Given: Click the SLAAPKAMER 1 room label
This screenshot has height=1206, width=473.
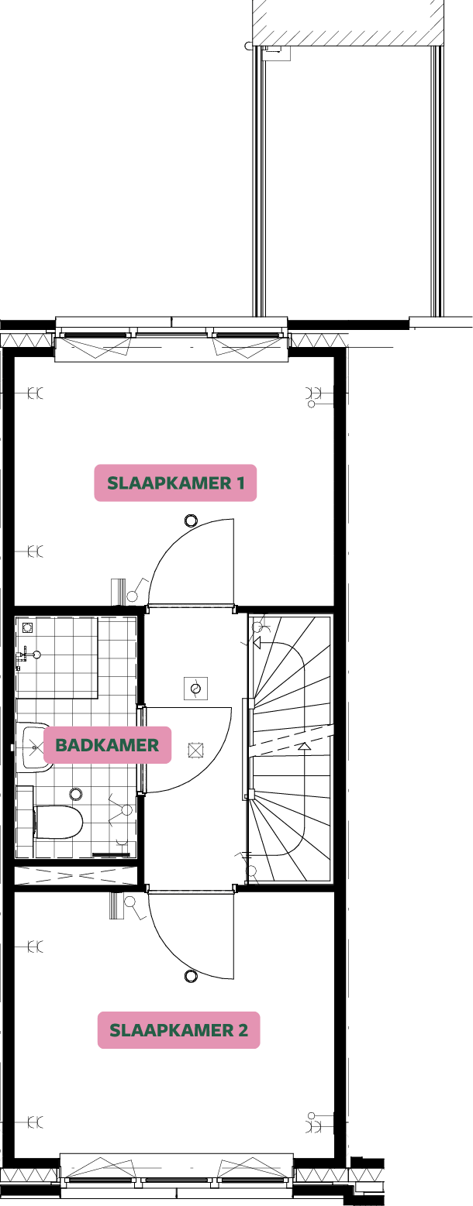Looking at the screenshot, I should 175,483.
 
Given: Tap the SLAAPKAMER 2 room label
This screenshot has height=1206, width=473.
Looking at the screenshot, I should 178,1030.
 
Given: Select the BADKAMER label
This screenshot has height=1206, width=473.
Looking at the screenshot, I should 107,745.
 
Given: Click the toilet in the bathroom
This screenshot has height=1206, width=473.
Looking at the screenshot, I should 59,822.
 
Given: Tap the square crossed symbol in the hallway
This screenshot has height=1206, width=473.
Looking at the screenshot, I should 195,750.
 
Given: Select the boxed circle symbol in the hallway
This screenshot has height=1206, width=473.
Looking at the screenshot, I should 195,688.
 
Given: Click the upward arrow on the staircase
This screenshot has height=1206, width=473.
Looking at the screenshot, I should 305,747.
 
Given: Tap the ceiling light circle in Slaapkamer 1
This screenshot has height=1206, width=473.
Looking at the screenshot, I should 191,521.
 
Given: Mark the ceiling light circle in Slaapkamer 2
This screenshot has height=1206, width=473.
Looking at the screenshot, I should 191,977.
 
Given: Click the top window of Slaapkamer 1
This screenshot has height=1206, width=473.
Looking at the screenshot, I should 171,339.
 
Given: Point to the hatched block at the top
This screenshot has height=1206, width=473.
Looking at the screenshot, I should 348,22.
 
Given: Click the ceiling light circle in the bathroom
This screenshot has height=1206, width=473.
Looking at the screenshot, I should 76,794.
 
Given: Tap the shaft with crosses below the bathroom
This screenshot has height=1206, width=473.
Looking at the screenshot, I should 76,875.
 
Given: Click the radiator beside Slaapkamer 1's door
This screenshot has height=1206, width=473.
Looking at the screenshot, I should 118,591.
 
